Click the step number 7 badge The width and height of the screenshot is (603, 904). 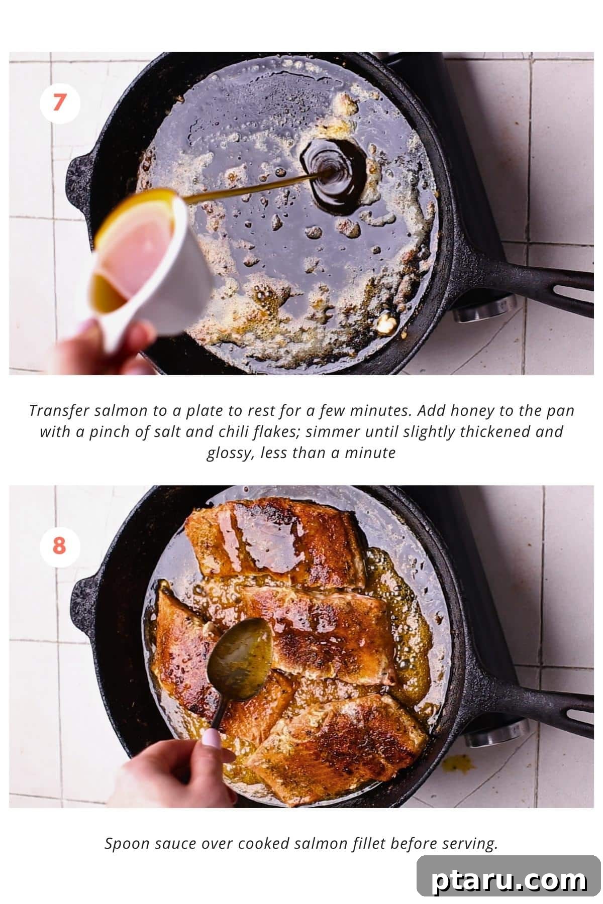pyautogui.click(x=60, y=103)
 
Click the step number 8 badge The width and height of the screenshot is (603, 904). pyautogui.click(x=60, y=545)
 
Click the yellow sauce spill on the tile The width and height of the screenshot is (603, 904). pyautogui.click(x=458, y=763)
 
